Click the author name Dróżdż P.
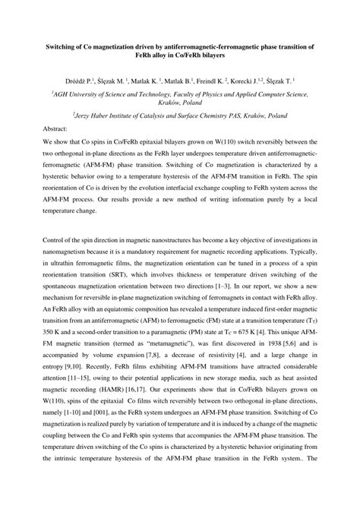tap(93, 79)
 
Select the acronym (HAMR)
tap(117, 419)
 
